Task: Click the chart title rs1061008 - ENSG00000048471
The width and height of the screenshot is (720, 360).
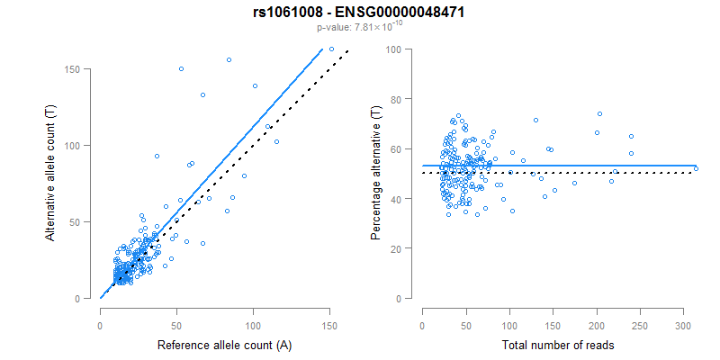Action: click(359, 13)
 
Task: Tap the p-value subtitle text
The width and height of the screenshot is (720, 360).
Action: click(359, 28)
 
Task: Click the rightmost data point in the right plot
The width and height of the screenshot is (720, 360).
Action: click(696, 168)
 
